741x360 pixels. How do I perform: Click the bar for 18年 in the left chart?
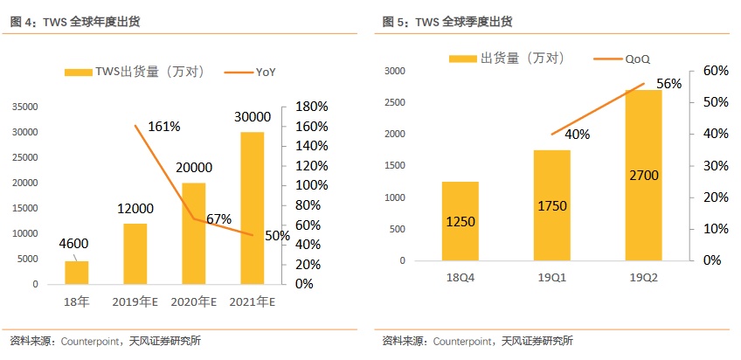point(77,272)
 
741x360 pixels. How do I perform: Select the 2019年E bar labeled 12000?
point(135,253)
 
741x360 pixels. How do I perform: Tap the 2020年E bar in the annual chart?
point(194,233)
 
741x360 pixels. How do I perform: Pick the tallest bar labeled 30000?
point(253,208)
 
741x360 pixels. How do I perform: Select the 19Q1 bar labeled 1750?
point(551,205)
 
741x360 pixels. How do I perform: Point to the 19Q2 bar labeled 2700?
point(642,175)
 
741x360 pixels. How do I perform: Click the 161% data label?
point(163,127)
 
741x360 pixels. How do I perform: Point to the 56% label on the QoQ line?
point(668,84)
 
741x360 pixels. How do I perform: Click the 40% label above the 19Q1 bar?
point(577,135)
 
